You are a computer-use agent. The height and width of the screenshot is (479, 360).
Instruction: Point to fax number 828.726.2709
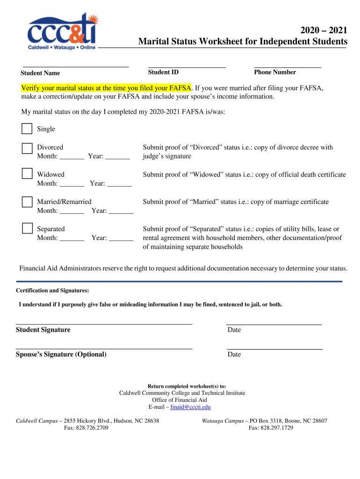pos(86,428)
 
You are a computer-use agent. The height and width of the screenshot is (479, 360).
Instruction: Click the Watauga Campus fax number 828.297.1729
pos(271,428)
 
